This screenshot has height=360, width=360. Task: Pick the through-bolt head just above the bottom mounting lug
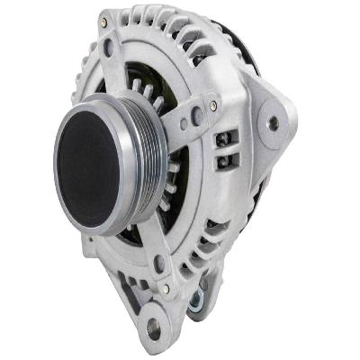[165, 289]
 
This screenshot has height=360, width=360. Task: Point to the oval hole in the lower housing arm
[158, 264]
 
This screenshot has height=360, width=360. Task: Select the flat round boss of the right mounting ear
[275, 123]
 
